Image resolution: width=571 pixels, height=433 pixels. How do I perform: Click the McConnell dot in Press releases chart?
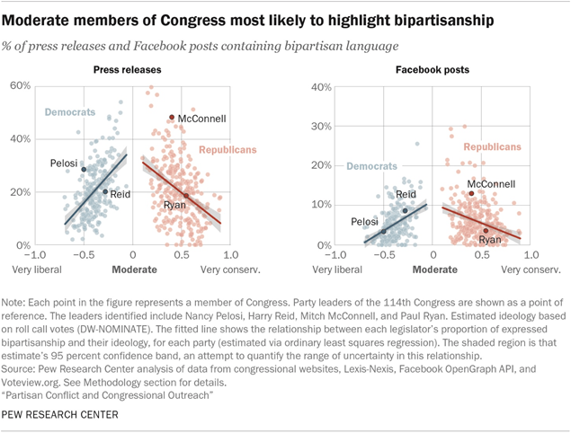pyautogui.click(x=172, y=118)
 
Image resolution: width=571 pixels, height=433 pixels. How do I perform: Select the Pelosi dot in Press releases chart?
pyautogui.click(x=85, y=169)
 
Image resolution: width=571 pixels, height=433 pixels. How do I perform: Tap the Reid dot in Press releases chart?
pyautogui.click(x=105, y=191)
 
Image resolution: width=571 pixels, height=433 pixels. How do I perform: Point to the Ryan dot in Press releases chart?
pyautogui.click(x=186, y=196)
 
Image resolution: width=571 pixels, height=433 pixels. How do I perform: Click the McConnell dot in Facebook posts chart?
pyautogui.click(x=470, y=193)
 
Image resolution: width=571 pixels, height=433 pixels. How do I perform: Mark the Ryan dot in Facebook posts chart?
pyautogui.click(x=486, y=231)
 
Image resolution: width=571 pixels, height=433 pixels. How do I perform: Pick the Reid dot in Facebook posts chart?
pyautogui.click(x=405, y=211)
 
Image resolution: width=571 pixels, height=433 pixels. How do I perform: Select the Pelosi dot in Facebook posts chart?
pyautogui.click(x=384, y=232)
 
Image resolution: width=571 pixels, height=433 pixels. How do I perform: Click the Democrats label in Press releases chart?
pyautogui.click(x=71, y=111)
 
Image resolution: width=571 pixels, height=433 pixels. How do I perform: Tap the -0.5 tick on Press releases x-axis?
pyautogui.click(x=84, y=254)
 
